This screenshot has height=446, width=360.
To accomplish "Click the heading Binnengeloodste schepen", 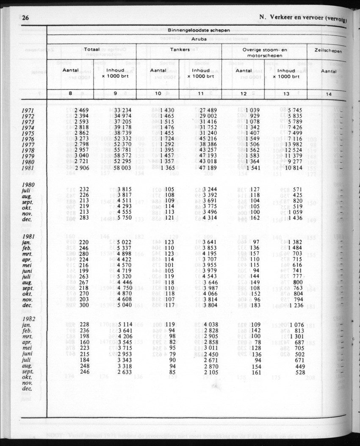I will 199,30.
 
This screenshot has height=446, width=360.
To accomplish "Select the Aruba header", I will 199,39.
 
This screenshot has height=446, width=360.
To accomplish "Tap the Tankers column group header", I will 180,50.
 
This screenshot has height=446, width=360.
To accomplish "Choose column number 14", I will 329,94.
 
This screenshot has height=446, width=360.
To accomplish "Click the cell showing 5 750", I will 123,218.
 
